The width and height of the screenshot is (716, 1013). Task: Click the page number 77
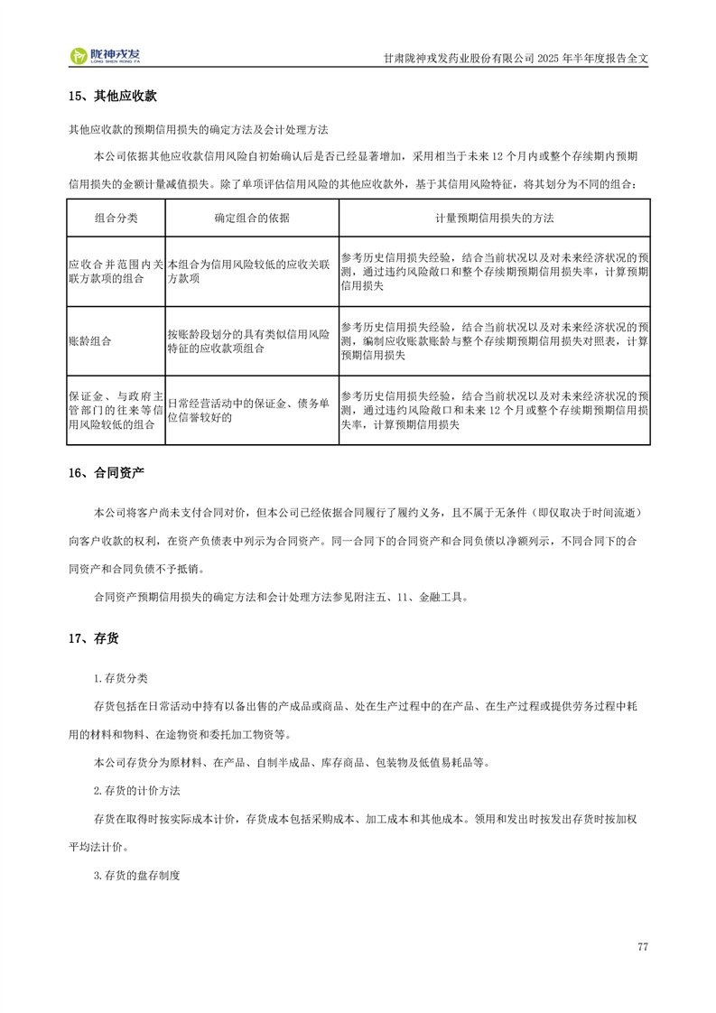click(642, 947)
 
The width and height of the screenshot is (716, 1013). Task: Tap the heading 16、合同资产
click(107, 473)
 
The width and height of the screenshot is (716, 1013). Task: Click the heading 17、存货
click(94, 639)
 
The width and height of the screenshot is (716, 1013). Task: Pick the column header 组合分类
click(116, 218)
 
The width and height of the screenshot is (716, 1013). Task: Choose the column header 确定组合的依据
click(252, 218)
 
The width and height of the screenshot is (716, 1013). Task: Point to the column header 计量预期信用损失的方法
click(494, 218)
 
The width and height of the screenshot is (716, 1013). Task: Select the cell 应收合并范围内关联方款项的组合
click(116, 272)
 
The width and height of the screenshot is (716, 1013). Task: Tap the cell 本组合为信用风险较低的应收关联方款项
click(251, 272)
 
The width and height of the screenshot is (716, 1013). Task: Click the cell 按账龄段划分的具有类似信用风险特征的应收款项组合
click(251, 341)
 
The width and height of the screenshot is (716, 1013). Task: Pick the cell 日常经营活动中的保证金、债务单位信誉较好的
click(251, 410)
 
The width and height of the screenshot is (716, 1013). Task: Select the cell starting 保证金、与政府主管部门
click(116, 410)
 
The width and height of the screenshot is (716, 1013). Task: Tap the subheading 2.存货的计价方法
click(136, 791)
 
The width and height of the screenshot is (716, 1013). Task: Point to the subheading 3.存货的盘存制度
click(136, 876)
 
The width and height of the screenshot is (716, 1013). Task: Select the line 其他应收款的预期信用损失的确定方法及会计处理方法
click(198, 129)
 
